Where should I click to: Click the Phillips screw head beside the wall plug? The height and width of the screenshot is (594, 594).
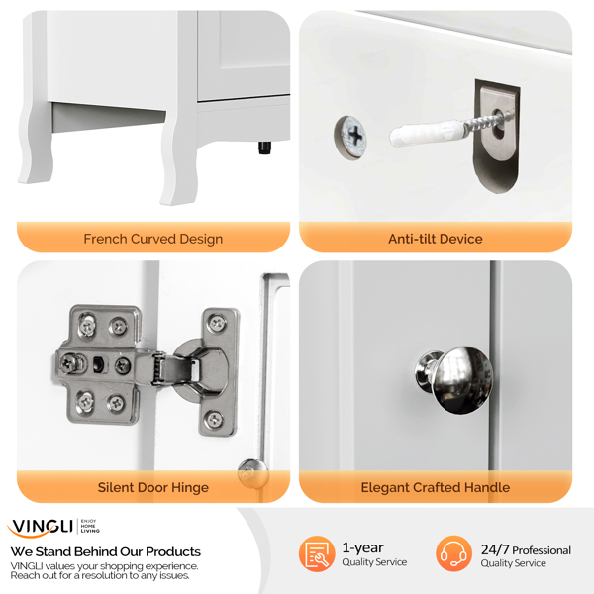coord(350,137)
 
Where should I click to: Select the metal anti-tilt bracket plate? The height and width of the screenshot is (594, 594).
coord(496,136)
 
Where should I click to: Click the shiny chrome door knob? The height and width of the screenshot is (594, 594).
coord(454,379)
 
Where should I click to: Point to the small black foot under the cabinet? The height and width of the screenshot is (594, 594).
coord(264,148)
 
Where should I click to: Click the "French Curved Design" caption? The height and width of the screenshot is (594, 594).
coord(153,239)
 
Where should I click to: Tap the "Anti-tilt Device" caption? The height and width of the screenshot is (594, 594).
coord(436,239)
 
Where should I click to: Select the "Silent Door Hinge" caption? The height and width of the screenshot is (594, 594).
coord(153,487)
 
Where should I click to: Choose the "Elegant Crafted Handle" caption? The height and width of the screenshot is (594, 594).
coord(436,487)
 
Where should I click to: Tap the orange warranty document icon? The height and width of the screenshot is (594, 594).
coord(317,553)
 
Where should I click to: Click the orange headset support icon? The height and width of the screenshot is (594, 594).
coord(453,553)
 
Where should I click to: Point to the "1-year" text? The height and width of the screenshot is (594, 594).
coord(363,547)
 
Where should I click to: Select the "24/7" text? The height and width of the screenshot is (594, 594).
coord(495,549)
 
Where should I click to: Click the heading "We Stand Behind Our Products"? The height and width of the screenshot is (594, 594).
coord(106,551)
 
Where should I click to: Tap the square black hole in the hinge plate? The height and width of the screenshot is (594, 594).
coord(97,364)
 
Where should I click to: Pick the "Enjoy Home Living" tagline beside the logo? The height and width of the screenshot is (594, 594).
coord(90,527)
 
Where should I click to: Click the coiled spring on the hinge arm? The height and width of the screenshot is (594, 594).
coord(158,368)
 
